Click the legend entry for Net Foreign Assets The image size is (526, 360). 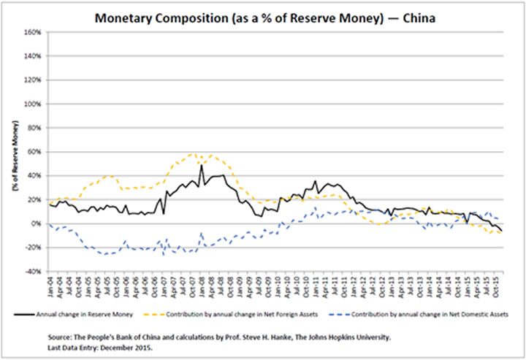tap(256, 314)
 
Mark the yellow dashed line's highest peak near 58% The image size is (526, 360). tap(192, 153)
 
